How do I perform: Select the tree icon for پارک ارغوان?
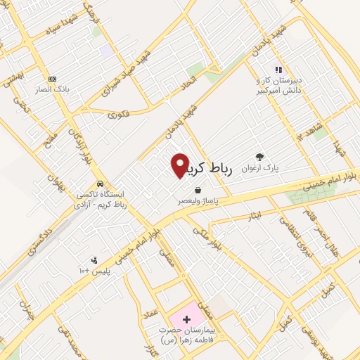pos(260,157)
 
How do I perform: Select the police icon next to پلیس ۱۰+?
pos(94,260)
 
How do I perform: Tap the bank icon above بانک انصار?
pos(51,79)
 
